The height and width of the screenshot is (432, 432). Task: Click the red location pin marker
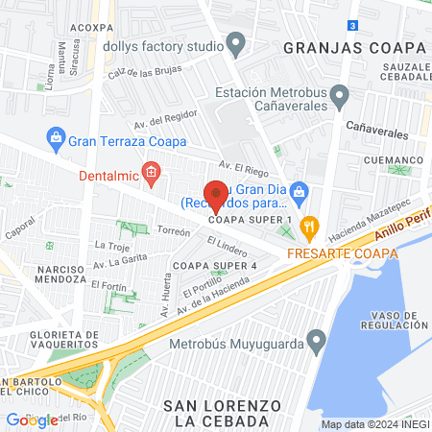pos(216,195)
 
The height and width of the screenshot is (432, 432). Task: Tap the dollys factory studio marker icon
pos(237,44)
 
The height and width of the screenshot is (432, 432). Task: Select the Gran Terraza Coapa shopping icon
pos(56,138)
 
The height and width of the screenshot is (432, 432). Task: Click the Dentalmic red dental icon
pos(150,174)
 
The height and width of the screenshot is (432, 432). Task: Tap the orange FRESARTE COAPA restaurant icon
pos(308,228)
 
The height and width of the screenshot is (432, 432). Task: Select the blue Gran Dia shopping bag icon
pos(300,191)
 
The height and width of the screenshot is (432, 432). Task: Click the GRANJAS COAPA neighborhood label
pos(354,47)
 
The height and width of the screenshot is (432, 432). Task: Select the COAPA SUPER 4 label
pos(214,265)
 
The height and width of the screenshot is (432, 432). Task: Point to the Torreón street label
pos(174,232)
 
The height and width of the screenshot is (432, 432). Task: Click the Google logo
pos(32,420)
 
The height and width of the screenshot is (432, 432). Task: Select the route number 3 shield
pos(354,24)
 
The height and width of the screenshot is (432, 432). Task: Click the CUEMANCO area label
pos(394,160)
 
